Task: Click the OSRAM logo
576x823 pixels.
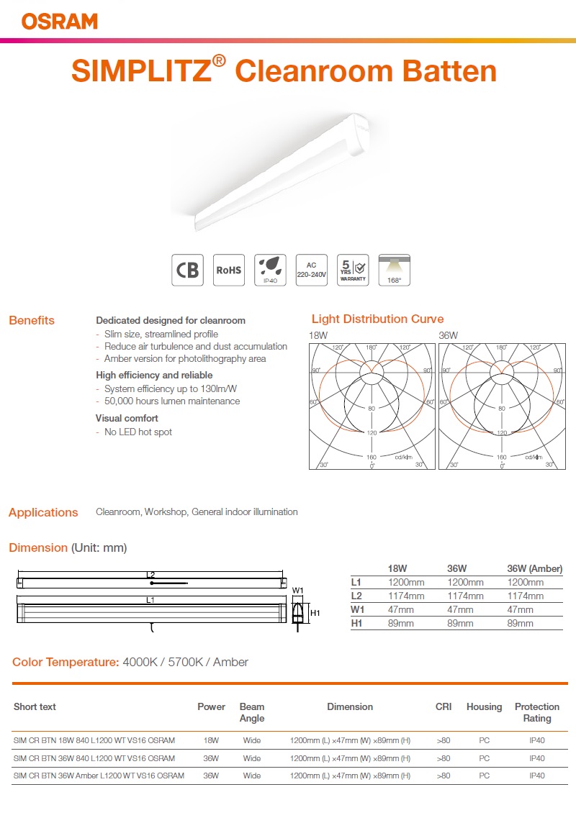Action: point(60,21)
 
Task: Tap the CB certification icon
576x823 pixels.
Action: point(187,270)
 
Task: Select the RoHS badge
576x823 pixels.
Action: point(229,270)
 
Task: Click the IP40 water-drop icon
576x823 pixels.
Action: point(270,270)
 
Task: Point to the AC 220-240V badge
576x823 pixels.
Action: point(312,270)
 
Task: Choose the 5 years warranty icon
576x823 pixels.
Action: point(353,270)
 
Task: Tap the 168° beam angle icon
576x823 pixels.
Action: point(395,270)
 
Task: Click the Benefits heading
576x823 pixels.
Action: point(32,320)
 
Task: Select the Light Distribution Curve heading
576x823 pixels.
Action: point(377,319)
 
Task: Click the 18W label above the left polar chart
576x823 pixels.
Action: point(318,335)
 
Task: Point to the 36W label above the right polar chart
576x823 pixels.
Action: point(448,335)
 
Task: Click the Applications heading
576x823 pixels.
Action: point(43,512)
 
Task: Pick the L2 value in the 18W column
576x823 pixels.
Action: point(406,596)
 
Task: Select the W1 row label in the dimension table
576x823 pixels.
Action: point(357,609)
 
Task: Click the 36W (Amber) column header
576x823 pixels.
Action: point(534,568)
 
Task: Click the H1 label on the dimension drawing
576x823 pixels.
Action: point(315,613)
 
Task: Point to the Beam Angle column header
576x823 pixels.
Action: point(252,712)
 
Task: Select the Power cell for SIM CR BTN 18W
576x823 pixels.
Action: point(211,739)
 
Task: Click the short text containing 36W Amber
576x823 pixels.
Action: point(99,776)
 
